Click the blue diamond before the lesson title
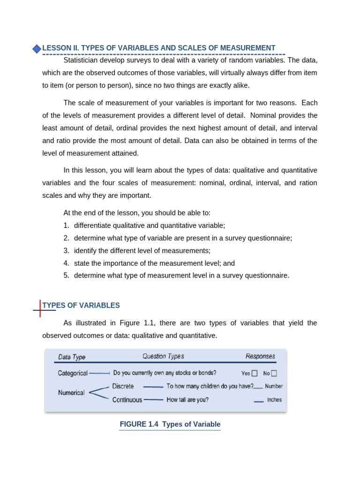(37, 49)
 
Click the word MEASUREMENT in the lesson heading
(251, 48)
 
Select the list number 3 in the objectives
(67, 250)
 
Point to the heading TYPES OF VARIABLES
(81, 305)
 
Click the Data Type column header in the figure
(72, 357)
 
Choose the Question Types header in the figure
(163, 356)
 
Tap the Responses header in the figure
(260, 356)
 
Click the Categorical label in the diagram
(73, 373)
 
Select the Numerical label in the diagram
(71, 393)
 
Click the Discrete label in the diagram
(123, 386)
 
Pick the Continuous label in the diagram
(127, 400)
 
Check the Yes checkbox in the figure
(255, 374)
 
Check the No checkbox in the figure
(274, 374)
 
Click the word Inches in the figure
(274, 400)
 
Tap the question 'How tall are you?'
(187, 400)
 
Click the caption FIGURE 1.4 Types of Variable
(170, 424)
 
